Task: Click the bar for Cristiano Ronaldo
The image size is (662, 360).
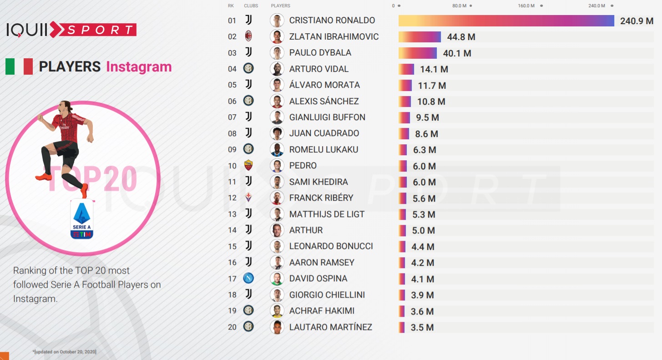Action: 506,20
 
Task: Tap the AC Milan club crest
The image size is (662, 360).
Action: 248,36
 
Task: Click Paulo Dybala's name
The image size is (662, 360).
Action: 320,53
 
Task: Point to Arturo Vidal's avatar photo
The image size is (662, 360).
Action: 277,69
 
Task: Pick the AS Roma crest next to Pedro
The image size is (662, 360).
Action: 248,165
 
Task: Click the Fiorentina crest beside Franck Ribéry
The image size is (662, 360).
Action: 248,198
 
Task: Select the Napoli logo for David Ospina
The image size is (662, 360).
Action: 248,278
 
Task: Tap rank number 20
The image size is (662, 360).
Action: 232,327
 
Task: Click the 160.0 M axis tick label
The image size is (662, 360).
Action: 526,6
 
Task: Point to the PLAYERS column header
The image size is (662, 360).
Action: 280,6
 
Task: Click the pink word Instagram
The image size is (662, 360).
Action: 139,67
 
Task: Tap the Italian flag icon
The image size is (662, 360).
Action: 19,66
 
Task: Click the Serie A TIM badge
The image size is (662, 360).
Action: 82,219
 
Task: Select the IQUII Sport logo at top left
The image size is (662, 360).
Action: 71,30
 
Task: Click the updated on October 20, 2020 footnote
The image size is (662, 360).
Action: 64,352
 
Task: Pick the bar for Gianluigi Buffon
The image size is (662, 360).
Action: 404,117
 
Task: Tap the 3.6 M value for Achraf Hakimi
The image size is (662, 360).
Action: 422,311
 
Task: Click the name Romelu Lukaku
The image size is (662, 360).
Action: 323,149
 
